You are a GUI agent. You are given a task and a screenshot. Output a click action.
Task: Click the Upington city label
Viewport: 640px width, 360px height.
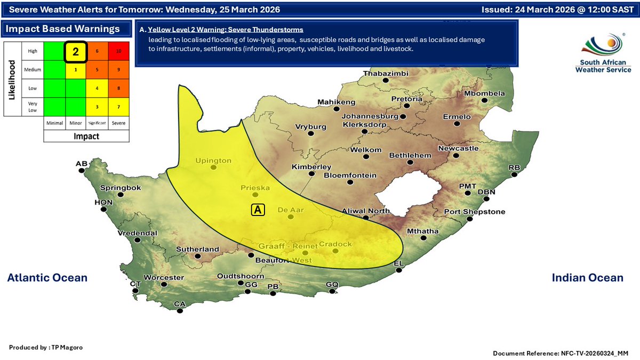(213, 161)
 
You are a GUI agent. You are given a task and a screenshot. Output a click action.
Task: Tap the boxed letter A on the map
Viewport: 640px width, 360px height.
(258, 210)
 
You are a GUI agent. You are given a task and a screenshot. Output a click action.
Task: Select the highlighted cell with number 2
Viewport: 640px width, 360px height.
(76, 52)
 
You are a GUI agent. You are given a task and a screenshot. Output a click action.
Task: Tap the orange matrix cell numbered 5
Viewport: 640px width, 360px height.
(97, 69)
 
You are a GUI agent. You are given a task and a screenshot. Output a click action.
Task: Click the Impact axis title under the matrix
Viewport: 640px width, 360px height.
(86, 136)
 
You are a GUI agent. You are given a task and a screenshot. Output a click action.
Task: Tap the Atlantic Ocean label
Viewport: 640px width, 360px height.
(47, 277)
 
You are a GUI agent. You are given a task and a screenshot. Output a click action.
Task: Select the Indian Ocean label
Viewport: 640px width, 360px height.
(587, 277)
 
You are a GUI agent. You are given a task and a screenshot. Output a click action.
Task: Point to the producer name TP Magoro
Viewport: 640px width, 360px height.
(46, 347)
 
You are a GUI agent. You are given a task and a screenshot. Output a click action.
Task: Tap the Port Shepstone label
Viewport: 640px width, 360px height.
(474, 212)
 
